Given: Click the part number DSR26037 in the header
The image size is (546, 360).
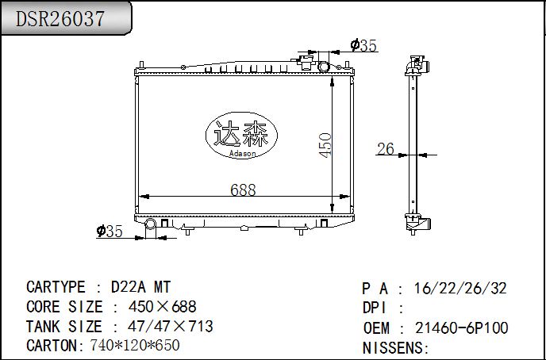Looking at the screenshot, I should [x=60, y=20].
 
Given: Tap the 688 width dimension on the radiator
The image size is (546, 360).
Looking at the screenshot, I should [x=243, y=190].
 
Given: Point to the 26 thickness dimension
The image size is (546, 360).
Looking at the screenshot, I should [x=386, y=148].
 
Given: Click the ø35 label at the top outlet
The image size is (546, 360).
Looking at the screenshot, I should [x=363, y=46].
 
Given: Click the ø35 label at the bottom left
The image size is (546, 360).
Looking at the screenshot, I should [x=110, y=231].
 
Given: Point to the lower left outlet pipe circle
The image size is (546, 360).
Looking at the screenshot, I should [x=150, y=224].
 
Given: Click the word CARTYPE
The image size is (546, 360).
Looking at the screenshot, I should [x=56, y=287].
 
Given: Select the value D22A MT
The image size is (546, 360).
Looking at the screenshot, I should [x=140, y=287].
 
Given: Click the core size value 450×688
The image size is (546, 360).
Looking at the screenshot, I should [x=162, y=307].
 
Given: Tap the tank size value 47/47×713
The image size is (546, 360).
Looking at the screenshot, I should [x=170, y=327].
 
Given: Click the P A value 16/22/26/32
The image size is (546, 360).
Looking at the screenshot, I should [x=461, y=289].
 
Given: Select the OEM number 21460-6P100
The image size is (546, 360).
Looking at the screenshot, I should [x=462, y=327].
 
